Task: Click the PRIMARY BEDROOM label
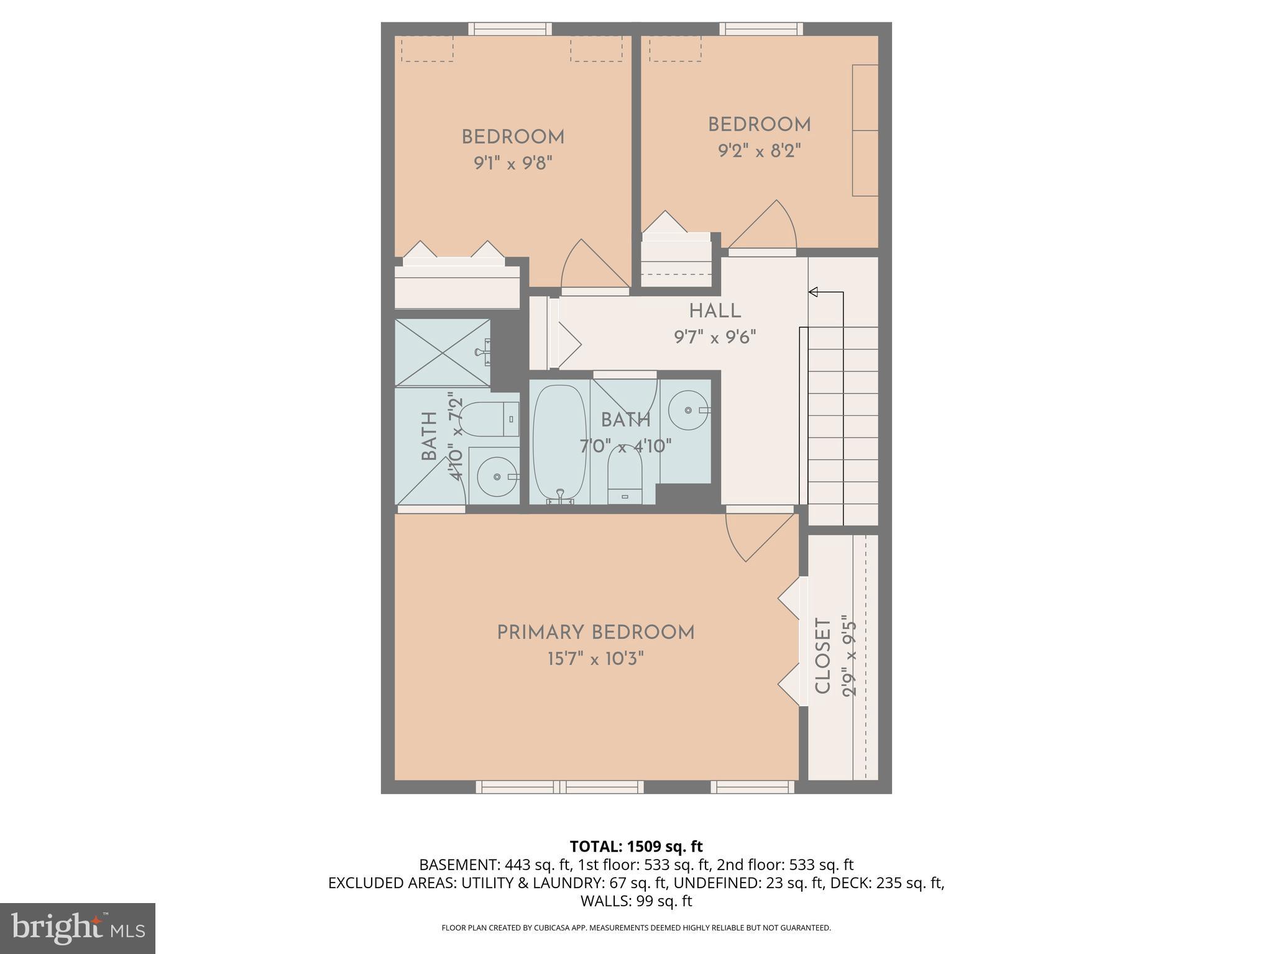[595, 633]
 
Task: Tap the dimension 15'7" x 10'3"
[595, 658]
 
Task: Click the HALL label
[715, 311]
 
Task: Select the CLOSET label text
[822, 656]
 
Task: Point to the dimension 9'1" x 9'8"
[513, 163]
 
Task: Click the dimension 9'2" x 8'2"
[759, 151]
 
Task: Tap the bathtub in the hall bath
[559, 442]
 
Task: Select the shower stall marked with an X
[443, 353]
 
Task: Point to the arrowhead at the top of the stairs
[813, 292]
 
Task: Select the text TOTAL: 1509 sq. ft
[636, 847]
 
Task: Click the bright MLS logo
[77, 928]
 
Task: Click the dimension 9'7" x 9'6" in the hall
[715, 337]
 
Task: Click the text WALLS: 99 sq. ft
[636, 901]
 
